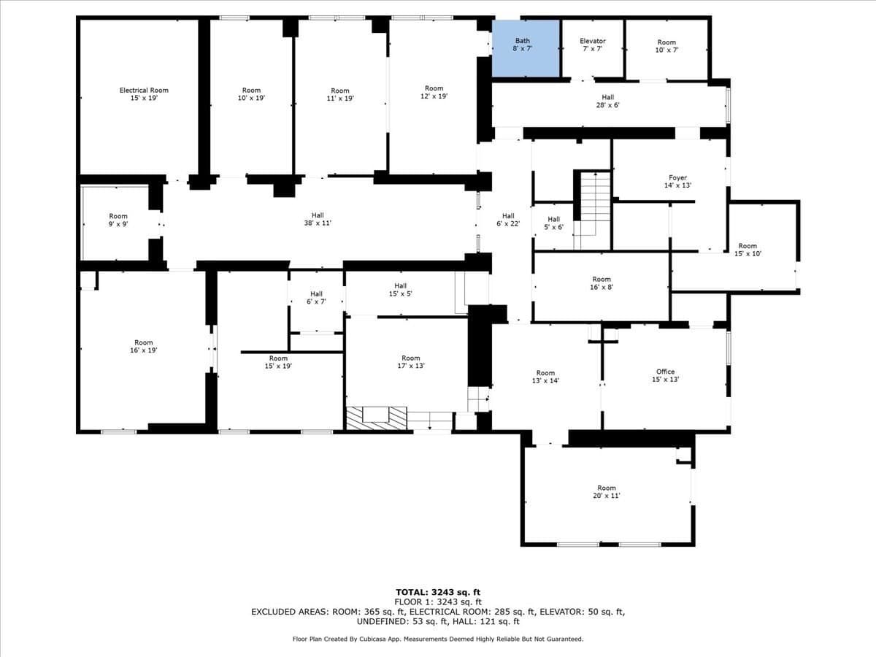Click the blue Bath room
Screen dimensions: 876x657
tap(525, 48)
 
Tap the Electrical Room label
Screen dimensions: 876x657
tap(144, 93)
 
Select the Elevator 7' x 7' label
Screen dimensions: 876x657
tap(593, 45)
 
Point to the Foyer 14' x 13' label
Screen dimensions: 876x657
tap(677, 182)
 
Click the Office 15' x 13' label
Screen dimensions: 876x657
tap(665, 375)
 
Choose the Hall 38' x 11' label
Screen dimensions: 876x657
tap(318, 219)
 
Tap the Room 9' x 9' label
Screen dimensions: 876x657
tap(118, 220)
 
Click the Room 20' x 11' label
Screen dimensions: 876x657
tap(606, 492)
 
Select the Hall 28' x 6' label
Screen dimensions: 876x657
tap(608, 101)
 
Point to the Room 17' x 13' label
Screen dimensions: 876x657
tap(411, 362)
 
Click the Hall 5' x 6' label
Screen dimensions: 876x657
tap(553, 223)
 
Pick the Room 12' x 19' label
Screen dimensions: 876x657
tap(434, 92)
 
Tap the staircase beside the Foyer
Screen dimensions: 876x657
tap(592, 210)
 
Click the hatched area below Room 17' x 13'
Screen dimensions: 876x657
tap(377, 418)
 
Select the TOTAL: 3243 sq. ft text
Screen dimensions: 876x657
tap(438, 592)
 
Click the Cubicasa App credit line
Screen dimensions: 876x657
tap(438, 639)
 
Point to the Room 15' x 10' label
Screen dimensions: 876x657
tap(748, 250)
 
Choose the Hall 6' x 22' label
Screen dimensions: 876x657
tap(508, 220)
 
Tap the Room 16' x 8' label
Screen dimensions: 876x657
tap(602, 283)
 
